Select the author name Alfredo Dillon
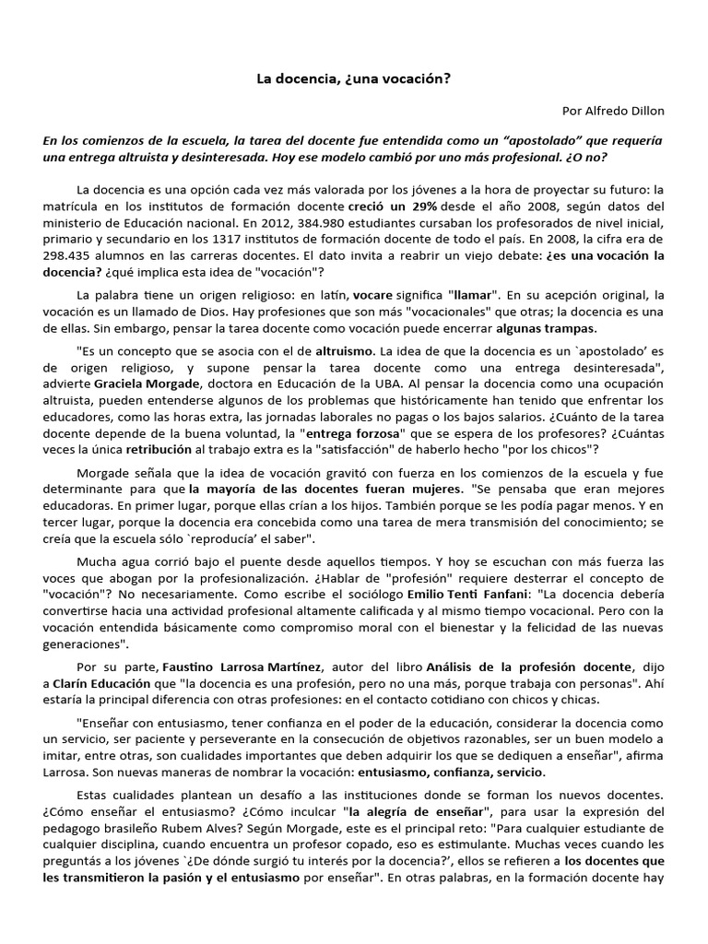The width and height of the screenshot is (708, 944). (628, 111)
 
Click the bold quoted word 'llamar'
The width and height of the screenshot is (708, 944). (472, 295)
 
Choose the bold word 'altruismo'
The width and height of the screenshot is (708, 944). (344, 352)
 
